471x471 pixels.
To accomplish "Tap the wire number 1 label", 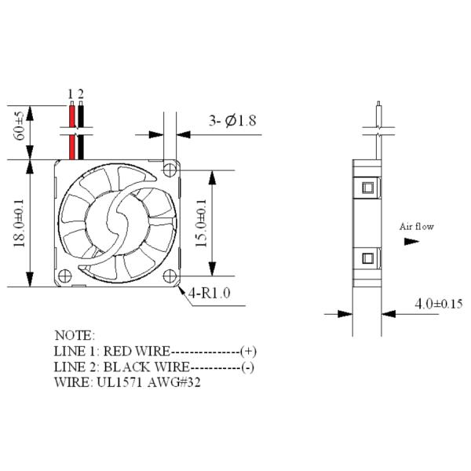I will (71, 93).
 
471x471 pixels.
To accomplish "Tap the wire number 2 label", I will (80, 93).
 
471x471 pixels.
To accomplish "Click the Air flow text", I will (417, 227).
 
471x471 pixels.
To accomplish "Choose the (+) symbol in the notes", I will (249, 351).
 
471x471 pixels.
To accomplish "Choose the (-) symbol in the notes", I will (248, 367).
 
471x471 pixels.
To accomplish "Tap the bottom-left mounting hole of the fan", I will (64, 276).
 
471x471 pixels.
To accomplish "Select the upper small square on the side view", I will (367, 188).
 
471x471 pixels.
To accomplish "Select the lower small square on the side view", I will (367, 258).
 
